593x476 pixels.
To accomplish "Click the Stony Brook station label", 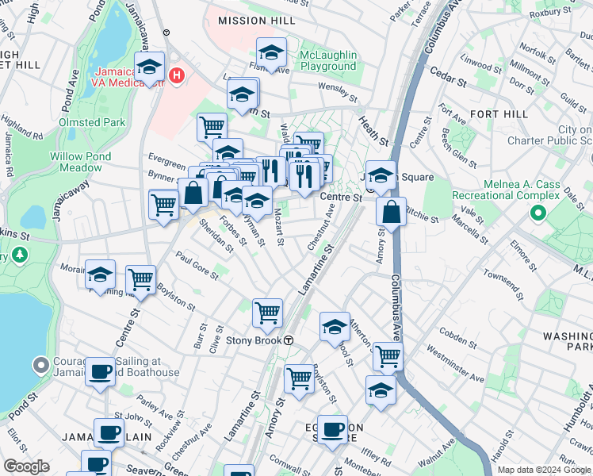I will click(254, 340).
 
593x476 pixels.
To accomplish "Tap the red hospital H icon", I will click(177, 76).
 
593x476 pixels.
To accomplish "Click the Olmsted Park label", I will click(92, 122).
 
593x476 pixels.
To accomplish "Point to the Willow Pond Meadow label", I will click(82, 162).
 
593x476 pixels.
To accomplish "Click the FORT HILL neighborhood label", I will click(499, 114).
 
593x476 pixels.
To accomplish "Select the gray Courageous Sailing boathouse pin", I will click(41, 366).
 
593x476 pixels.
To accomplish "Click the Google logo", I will click(26, 466).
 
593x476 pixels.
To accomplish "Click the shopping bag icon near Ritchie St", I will click(391, 212).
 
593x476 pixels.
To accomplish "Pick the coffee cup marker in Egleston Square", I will click(333, 429).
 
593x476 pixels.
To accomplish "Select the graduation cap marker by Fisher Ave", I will click(272, 53).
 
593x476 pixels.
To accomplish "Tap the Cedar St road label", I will click(446, 73).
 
